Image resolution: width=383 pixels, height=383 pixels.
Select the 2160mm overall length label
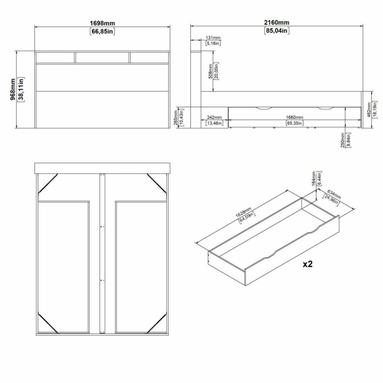click(277, 23)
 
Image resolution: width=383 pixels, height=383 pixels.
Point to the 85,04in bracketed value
click(277, 31)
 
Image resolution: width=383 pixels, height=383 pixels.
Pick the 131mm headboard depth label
click(213, 37)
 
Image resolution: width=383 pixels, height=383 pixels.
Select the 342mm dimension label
click(214, 117)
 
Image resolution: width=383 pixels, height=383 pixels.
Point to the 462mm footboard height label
click(369, 109)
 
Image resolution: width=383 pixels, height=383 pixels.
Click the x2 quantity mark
click(308, 264)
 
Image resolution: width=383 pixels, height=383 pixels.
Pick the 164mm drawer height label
click(314, 179)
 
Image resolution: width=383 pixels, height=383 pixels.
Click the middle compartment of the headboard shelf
click(103, 58)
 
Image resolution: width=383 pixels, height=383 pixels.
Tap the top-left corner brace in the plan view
click(48, 183)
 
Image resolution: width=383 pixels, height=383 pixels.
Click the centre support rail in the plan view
click(102, 253)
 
